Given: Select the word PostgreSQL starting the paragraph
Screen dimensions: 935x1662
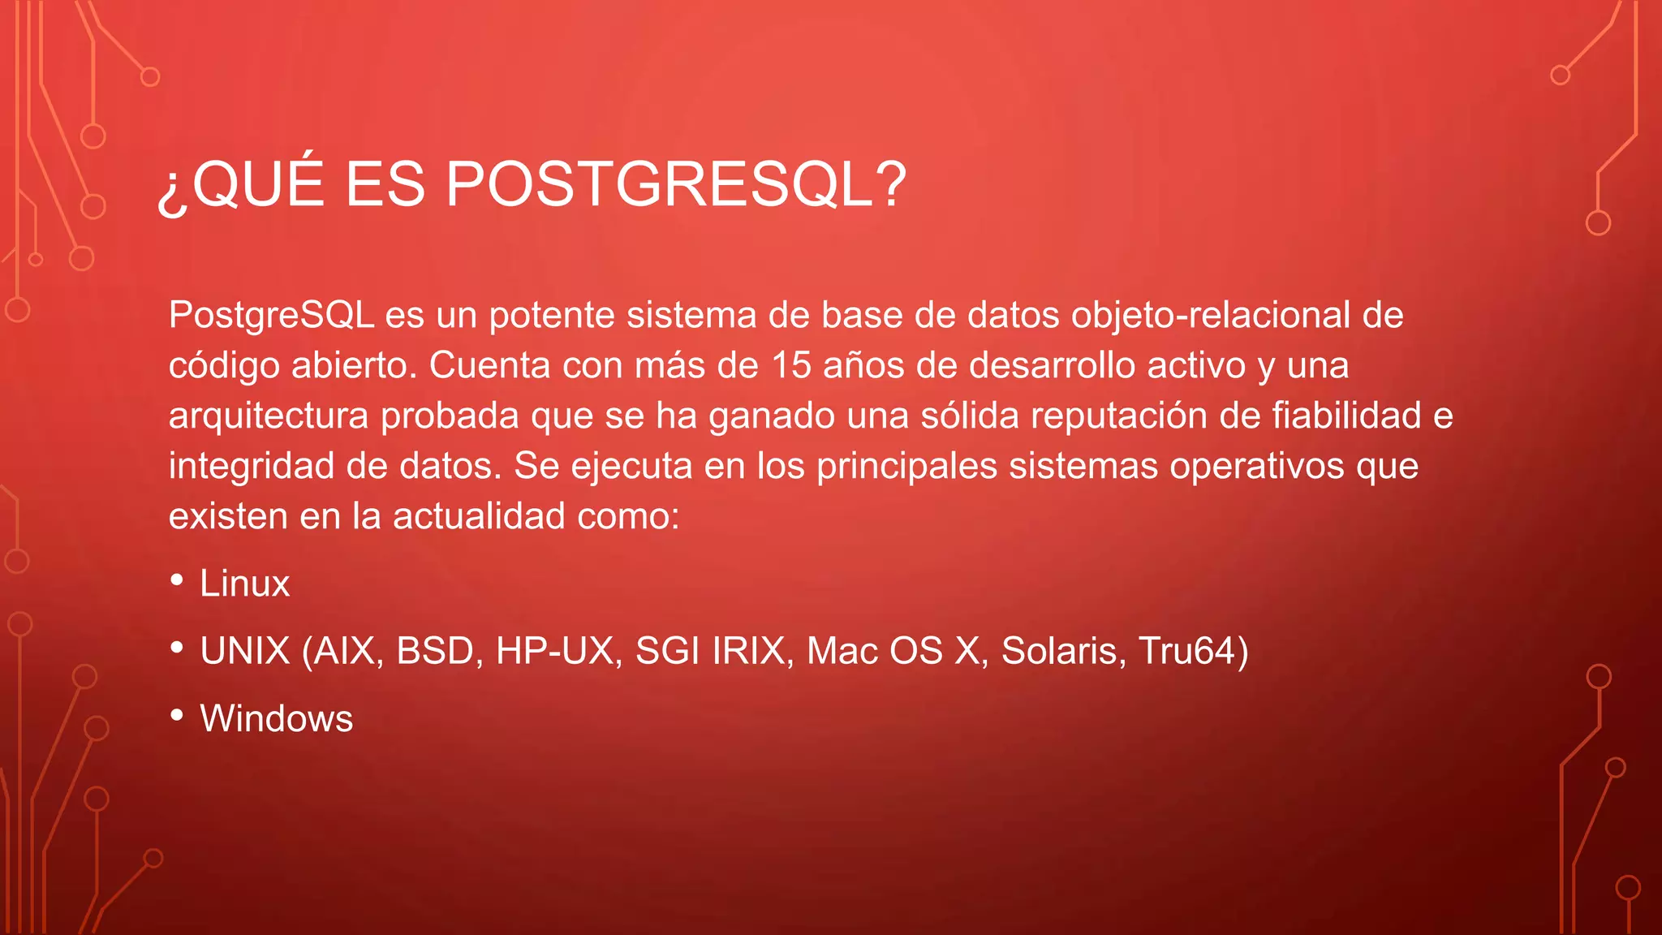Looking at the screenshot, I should [271, 316].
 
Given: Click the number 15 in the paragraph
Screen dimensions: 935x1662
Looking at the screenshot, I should [790, 366].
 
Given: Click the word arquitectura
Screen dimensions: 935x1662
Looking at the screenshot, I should [269, 416].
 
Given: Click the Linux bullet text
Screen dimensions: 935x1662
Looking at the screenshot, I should [244, 584].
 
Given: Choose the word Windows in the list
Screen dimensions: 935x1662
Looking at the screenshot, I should [276, 718].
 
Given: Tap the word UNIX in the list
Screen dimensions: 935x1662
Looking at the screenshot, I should [245, 651].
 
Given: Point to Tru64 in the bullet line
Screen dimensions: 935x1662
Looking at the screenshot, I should [1186, 651].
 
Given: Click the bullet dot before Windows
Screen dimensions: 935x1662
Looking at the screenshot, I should [177, 715].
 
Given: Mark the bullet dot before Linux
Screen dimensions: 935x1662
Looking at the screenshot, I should [177, 580].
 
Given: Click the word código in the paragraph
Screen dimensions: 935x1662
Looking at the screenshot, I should [224, 366].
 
